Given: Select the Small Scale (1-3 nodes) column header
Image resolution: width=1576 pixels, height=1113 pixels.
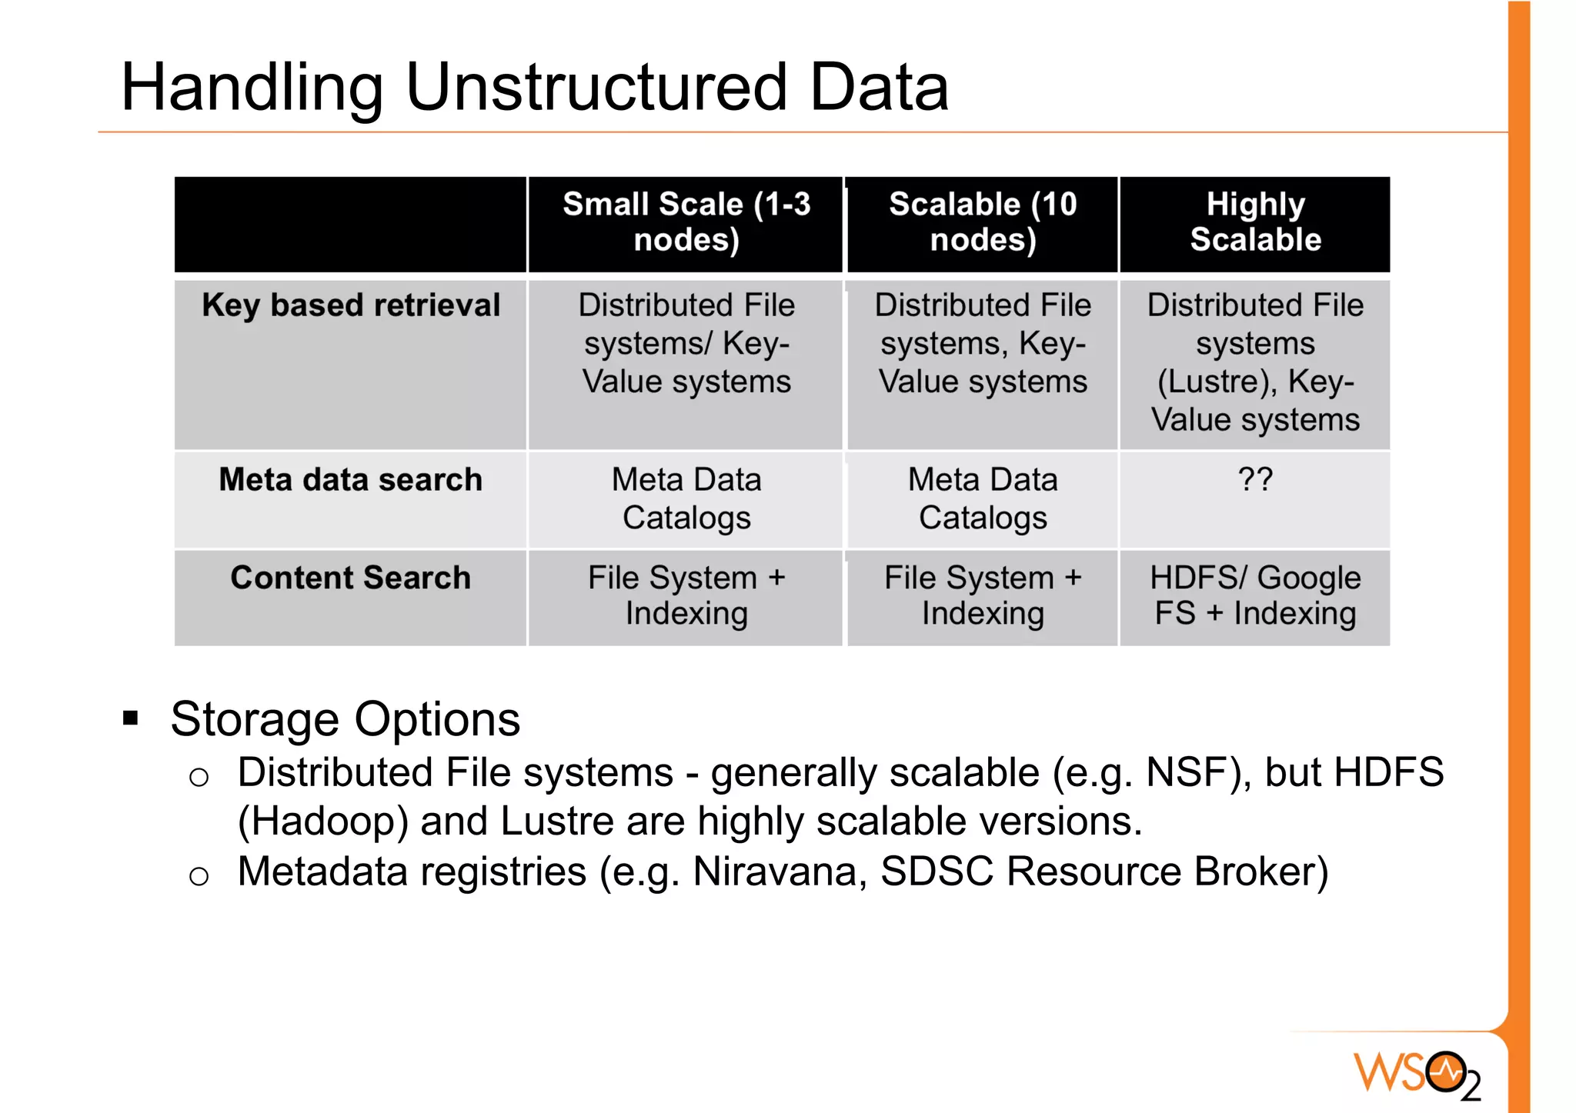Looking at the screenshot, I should point(686,222).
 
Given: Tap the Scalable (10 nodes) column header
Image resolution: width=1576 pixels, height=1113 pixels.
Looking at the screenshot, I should point(983,222).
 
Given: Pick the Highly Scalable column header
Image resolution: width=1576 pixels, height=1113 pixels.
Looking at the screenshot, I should point(1255,222).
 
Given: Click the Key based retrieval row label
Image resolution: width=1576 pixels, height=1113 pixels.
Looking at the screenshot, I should point(351,305).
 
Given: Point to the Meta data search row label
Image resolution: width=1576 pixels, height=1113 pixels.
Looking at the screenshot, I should point(351,480).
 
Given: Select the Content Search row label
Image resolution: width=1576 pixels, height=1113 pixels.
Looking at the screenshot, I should point(351,578).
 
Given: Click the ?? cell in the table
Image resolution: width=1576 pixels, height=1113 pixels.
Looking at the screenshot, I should point(1255,480).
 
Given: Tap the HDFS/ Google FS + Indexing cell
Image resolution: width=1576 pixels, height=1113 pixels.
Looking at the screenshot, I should point(1255,595).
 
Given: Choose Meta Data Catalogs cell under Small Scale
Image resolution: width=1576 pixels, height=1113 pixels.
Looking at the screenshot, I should point(686,498).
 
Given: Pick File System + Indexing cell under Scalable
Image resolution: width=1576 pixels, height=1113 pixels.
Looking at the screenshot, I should point(983,595).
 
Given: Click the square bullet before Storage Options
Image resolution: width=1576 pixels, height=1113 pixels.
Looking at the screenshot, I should point(131,719).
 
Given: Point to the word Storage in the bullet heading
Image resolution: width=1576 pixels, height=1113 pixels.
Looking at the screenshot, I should point(255,719).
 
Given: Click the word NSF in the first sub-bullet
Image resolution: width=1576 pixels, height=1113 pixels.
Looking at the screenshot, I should point(1183,772).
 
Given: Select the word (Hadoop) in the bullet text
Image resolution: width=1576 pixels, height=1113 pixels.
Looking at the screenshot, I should point(322,821).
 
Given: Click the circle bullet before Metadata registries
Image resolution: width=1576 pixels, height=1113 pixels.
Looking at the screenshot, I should point(199,876).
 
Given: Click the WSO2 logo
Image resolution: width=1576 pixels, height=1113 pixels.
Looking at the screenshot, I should point(1417,1073).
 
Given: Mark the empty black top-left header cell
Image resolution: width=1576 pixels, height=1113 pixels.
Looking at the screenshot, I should point(351,224).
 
